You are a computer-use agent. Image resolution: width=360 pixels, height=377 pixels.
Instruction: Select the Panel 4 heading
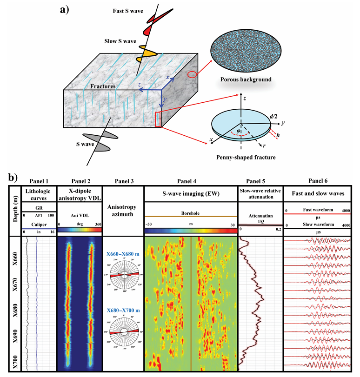[x=191, y=181]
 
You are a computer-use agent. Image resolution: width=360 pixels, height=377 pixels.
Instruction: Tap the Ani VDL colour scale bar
[x=79, y=230]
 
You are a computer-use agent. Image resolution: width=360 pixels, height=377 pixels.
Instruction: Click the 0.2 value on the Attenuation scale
[x=278, y=230]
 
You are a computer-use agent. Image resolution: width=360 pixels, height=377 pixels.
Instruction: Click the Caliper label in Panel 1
[x=39, y=223]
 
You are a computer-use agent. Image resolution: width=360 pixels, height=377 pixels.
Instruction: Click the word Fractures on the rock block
[x=104, y=86]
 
